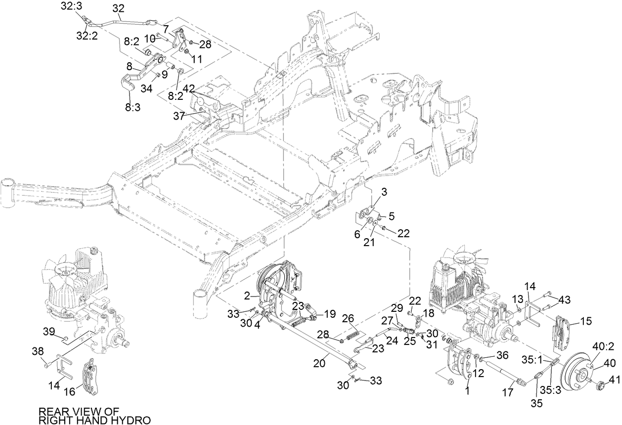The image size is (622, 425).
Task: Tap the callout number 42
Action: pos(188,88)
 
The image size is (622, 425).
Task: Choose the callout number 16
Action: pos(70,392)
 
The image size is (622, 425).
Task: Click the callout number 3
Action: pos(384,191)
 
